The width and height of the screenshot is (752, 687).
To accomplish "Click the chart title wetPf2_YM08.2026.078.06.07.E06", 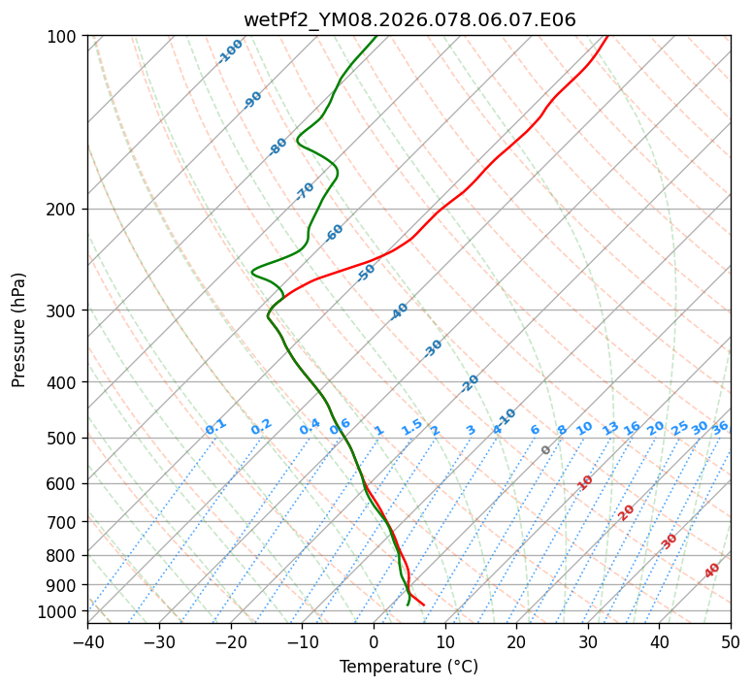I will tap(409, 19).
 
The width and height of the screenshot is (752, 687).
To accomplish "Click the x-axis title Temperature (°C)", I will tap(409, 668).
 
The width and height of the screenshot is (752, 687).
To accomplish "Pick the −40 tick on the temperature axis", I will tap(87, 642).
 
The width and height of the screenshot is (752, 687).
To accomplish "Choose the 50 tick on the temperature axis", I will tap(731, 642).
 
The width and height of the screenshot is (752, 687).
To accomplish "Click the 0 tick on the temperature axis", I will tap(374, 642).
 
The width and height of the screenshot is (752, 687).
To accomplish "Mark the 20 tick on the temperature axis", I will tap(516, 642).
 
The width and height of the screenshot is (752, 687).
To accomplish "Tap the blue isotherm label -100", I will tap(230, 51).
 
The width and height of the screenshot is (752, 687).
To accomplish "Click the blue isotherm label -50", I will tap(365, 273).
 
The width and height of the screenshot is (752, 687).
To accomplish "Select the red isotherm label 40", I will tap(712, 571).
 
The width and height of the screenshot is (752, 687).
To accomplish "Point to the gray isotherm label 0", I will tap(546, 450).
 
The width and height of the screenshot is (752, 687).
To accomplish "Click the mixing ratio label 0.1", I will tap(215, 427).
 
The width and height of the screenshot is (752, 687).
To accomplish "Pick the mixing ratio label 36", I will tap(720, 427).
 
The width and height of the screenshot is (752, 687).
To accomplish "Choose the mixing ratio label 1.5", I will tap(411, 427).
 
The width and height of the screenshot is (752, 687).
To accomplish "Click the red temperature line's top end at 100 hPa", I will tap(607, 37).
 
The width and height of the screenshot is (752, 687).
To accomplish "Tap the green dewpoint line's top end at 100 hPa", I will tap(376, 37).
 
